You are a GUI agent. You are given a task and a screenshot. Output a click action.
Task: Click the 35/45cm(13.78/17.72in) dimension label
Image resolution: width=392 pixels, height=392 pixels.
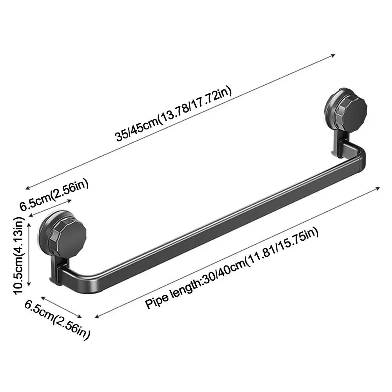pos(173,114)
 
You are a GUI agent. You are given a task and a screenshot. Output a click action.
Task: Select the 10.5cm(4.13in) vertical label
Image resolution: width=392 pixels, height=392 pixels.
pos(19,256)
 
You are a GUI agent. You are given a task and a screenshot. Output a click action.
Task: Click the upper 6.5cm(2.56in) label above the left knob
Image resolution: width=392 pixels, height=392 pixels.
pos(54,194)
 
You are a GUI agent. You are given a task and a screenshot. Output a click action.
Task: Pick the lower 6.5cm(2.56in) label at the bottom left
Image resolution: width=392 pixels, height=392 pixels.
pos(57,319)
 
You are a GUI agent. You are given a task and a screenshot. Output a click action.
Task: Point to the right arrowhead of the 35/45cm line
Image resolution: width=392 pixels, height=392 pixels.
pos(333,55)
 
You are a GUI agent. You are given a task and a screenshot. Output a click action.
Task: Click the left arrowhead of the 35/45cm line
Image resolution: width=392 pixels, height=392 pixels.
pos(27,188)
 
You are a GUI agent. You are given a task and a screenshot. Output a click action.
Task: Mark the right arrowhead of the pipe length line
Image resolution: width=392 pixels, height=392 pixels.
pos(377,188)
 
